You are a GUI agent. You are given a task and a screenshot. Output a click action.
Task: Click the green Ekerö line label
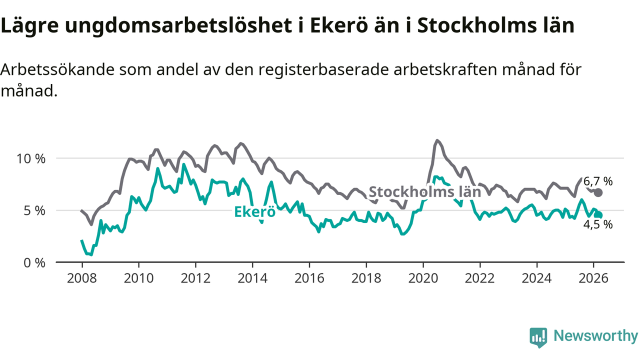click(x=255, y=212)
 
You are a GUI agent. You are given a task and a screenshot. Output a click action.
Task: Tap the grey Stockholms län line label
click(x=424, y=191)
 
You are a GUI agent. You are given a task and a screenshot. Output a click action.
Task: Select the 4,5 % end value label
click(x=598, y=225)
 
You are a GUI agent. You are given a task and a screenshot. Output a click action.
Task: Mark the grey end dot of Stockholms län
click(x=598, y=192)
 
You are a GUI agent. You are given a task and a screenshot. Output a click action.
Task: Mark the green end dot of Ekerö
click(x=598, y=215)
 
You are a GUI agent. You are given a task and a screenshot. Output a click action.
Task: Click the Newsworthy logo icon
click(x=538, y=337)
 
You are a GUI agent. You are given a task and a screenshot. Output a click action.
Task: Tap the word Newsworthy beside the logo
click(x=595, y=336)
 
